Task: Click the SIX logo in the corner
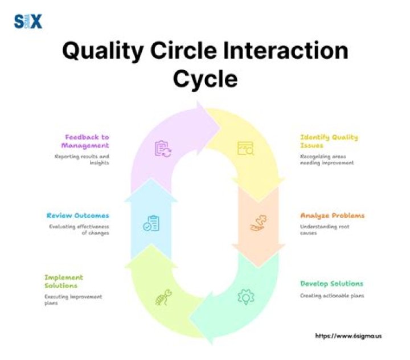click(27, 22)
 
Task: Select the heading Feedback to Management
click(87, 141)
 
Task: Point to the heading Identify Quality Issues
click(329, 141)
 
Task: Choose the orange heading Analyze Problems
click(332, 216)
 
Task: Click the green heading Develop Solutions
click(331, 283)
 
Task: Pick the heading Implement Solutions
click(64, 281)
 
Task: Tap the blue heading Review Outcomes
click(77, 216)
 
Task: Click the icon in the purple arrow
click(163, 149)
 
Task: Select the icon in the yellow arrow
click(245, 149)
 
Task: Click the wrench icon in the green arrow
click(163, 298)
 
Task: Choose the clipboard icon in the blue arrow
click(151, 224)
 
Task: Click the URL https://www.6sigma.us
click(348, 336)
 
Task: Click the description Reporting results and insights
click(82, 159)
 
